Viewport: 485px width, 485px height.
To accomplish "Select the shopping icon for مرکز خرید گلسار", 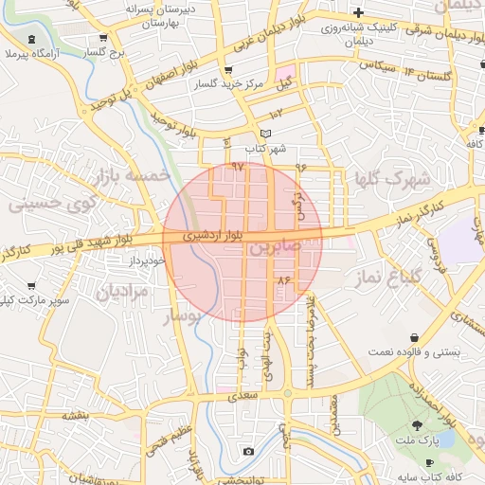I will click(x=228, y=71).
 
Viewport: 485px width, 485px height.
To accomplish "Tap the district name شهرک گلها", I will click(x=393, y=178).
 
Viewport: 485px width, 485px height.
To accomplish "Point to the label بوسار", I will click(x=182, y=317).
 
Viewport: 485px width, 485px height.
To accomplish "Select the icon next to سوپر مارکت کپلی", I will click(x=31, y=286).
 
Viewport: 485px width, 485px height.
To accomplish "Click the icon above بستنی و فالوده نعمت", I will click(x=415, y=338).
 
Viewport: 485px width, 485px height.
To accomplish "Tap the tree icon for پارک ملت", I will click(x=418, y=426).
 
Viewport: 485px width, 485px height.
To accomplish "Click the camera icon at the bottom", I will click(x=248, y=451).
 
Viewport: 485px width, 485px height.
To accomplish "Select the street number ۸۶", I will click(x=282, y=280).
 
